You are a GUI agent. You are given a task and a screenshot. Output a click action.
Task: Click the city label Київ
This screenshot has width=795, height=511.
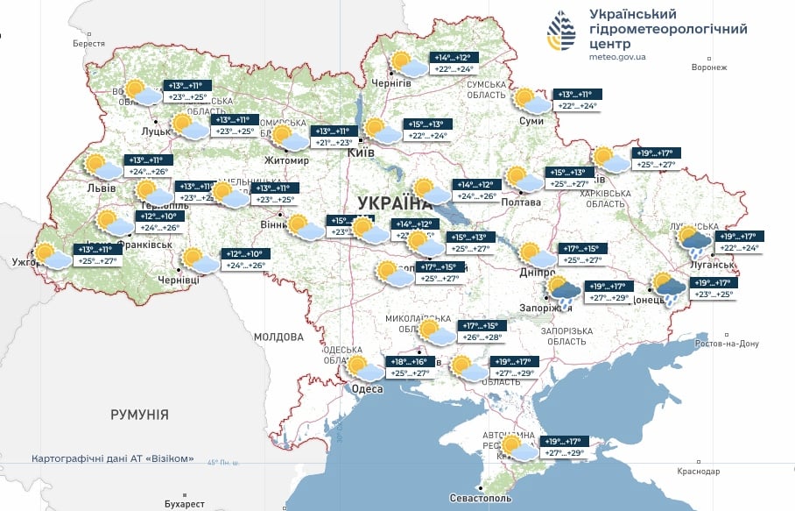362,153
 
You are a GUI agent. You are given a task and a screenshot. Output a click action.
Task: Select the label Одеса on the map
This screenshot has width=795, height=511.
366,388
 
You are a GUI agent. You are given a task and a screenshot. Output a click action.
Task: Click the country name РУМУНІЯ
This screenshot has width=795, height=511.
139,415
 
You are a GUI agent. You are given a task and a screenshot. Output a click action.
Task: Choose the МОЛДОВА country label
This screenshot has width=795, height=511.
278,337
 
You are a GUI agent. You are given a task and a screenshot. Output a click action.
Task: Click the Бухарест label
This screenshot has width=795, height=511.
183,504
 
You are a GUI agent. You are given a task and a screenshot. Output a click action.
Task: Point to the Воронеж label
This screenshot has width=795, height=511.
709,67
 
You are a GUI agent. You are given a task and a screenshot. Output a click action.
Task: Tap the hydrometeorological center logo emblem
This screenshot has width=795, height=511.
561,32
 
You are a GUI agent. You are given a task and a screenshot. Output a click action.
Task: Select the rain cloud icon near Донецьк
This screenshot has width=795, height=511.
670,288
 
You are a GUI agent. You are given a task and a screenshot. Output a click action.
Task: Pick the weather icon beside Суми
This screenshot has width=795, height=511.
531,102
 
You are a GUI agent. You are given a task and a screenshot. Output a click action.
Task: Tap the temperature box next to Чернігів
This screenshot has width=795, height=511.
453,63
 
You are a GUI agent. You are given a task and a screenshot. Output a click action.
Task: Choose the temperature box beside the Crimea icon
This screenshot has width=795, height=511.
562,447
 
